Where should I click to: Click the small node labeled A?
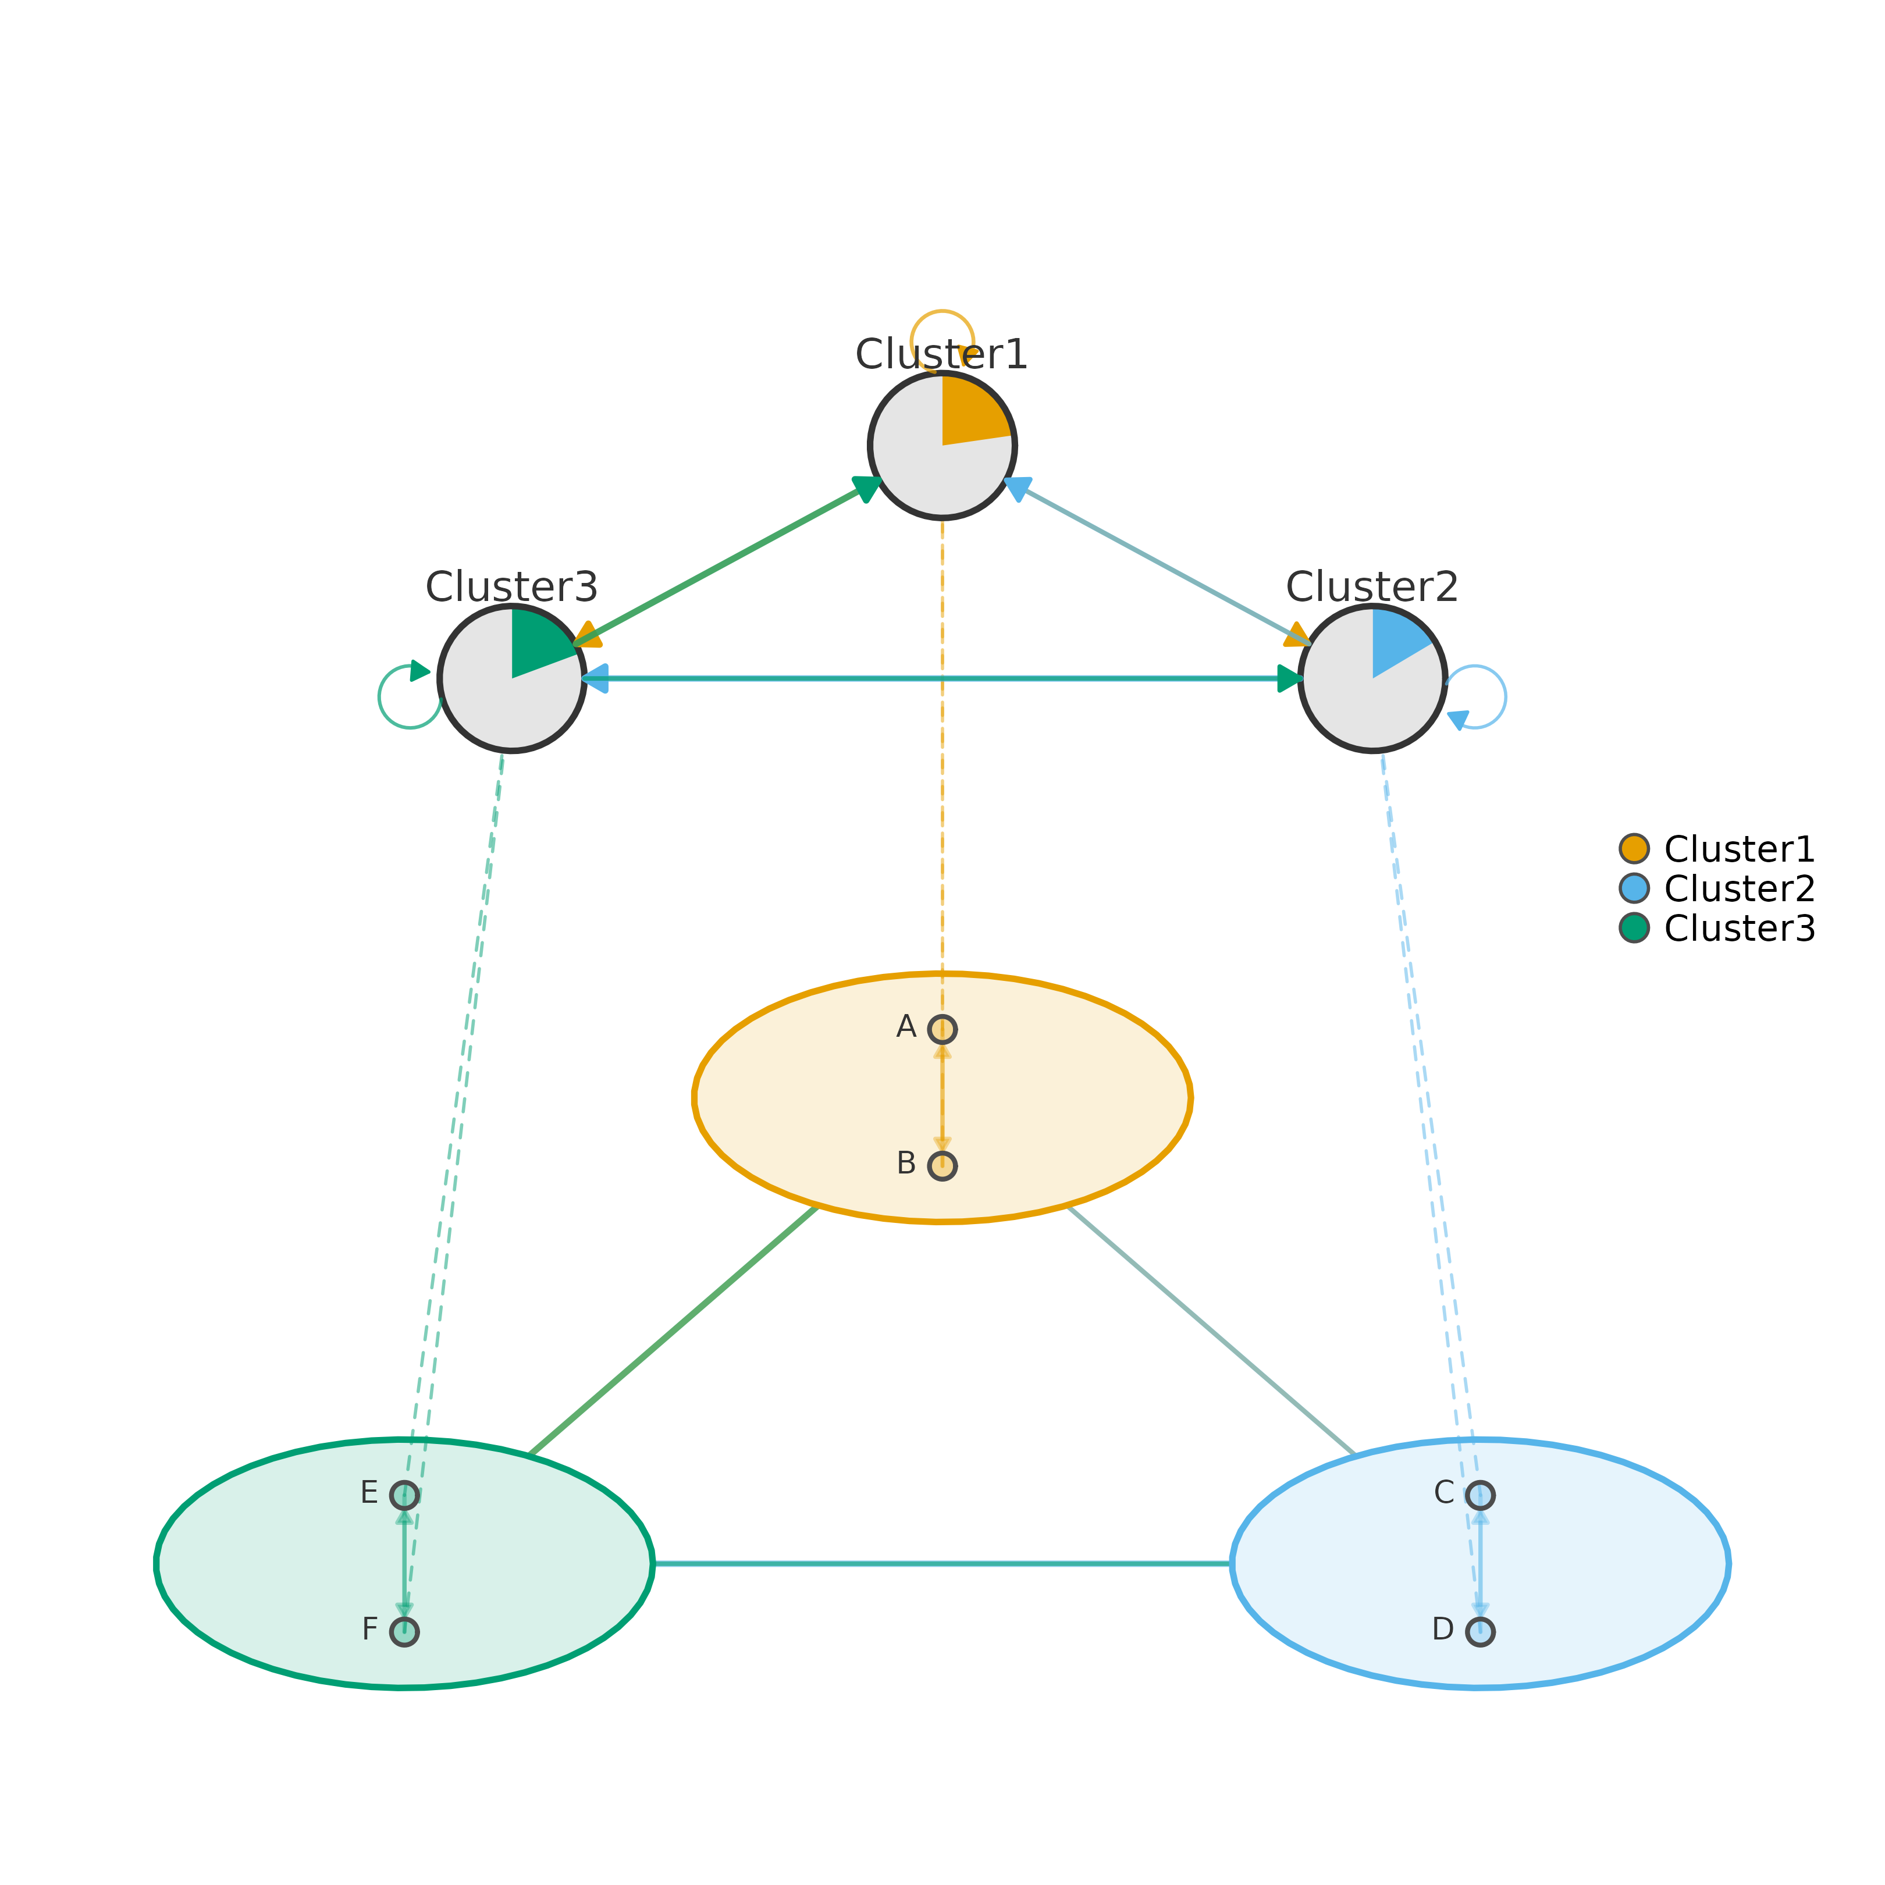[941, 1029]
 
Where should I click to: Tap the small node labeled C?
[1479, 1495]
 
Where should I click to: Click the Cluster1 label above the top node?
[941, 354]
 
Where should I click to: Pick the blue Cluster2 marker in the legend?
[1634, 888]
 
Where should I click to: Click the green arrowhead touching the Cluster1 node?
[866, 488]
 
